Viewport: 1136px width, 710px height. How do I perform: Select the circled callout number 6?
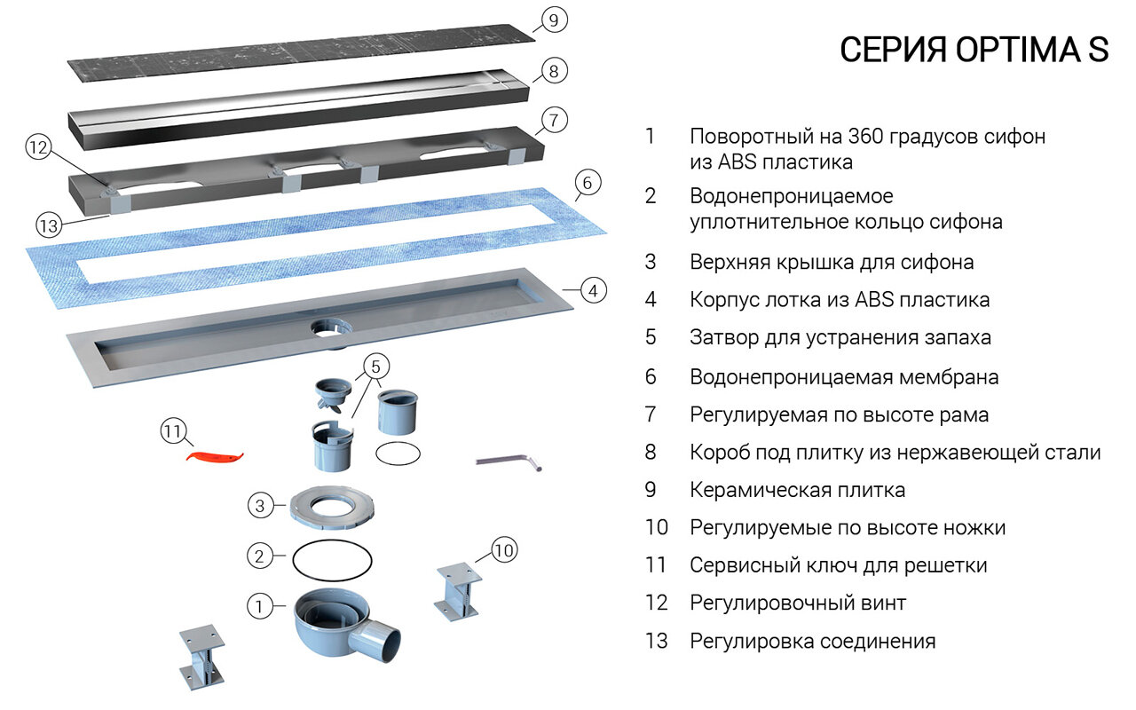click(x=586, y=184)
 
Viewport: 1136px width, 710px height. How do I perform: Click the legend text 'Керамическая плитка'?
click(x=797, y=490)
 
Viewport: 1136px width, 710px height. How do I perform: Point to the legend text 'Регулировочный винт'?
click(x=797, y=603)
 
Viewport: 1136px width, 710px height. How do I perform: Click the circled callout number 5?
click(x=375, y=366)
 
